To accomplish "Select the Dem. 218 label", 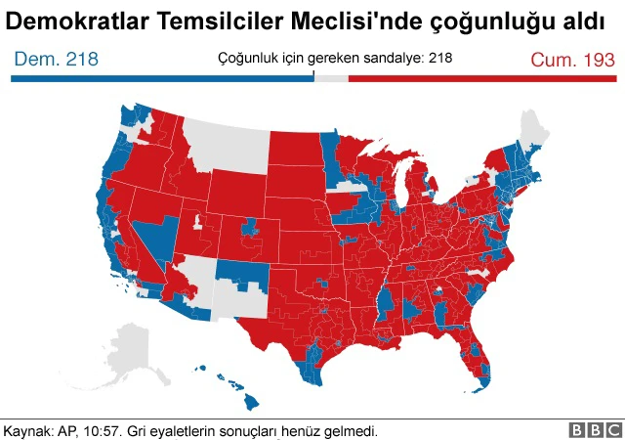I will click(x=56, y=60).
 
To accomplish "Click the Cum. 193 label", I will click(x=572, y=60).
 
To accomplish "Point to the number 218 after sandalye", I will click(x=440, y=58).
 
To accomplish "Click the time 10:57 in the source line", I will click(x=116, y=430).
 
